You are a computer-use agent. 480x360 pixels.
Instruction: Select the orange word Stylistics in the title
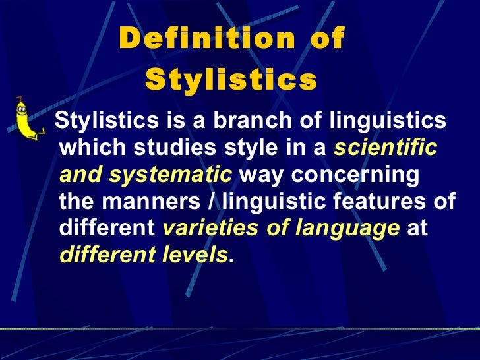pos(231,80)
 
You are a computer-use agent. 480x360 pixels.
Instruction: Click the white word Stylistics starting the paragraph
pos(101,122)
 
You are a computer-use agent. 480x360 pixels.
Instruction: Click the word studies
pos(166,149)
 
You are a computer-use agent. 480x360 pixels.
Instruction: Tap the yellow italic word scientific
pos(385,148)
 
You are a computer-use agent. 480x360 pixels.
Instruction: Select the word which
pos(86,149)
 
